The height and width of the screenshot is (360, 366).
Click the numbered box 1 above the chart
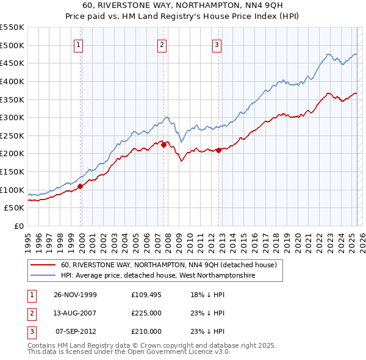click(80, 44)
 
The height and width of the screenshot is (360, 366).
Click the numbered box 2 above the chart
click(162, 44)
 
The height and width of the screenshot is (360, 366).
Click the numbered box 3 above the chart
click(217, 44)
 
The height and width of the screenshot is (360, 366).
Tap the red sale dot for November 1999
click(80, 186)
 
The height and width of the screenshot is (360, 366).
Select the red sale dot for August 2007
click(163, 145)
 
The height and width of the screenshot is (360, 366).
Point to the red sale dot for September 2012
click(218, 150)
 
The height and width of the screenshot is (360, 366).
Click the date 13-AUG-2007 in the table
click(76, 313)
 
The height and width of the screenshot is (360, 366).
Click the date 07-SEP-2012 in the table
click(76, 331)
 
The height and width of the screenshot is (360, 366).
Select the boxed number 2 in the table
click(32, 313)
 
